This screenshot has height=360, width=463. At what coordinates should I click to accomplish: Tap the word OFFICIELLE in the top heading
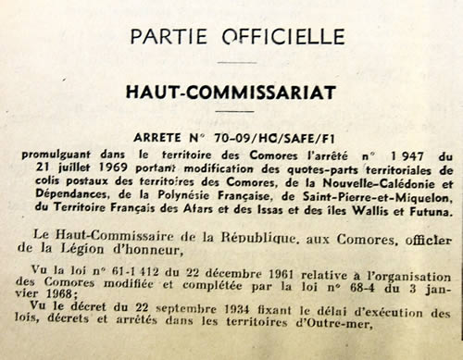pos(274,37)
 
